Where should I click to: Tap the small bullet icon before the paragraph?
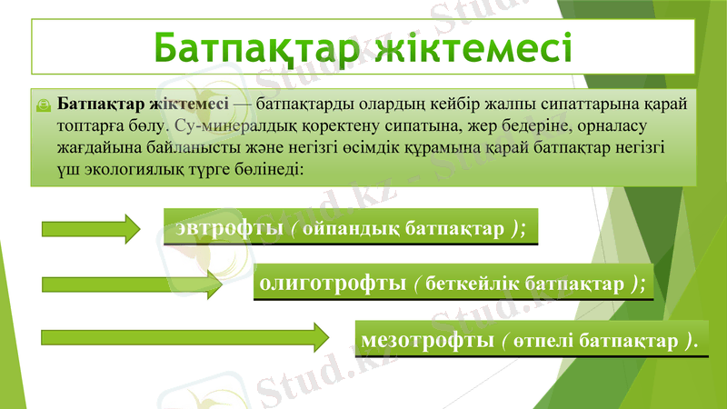pos(43,105)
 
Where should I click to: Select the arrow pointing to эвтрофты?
pos(90,227)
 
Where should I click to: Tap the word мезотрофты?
pos(427,341)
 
